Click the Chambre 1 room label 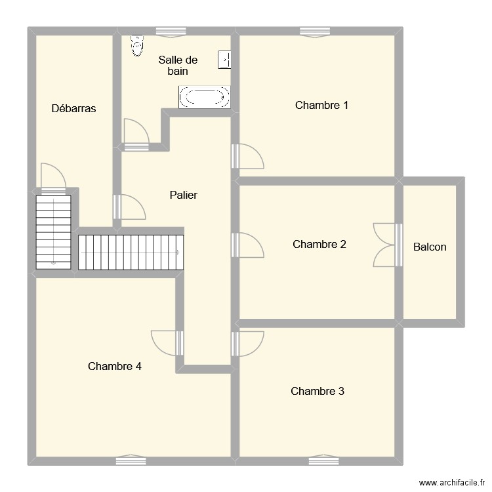click(x=321, y=105)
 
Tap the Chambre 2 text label click(x=319, y=244)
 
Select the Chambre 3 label click(x=318, y=391)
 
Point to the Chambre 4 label click(x=115, y=366)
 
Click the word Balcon click(x=430, y=247)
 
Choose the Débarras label click(x=73, y=108)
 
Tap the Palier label click(x=183, y=195)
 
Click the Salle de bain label click(x=178, y=65)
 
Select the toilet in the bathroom click(x=137, y=45)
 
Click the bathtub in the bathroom click(x=204, y=97)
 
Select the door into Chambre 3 click(x=248, y=343)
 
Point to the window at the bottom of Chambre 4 click(x=131, y=461)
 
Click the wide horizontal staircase click(x=131, y=252)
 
